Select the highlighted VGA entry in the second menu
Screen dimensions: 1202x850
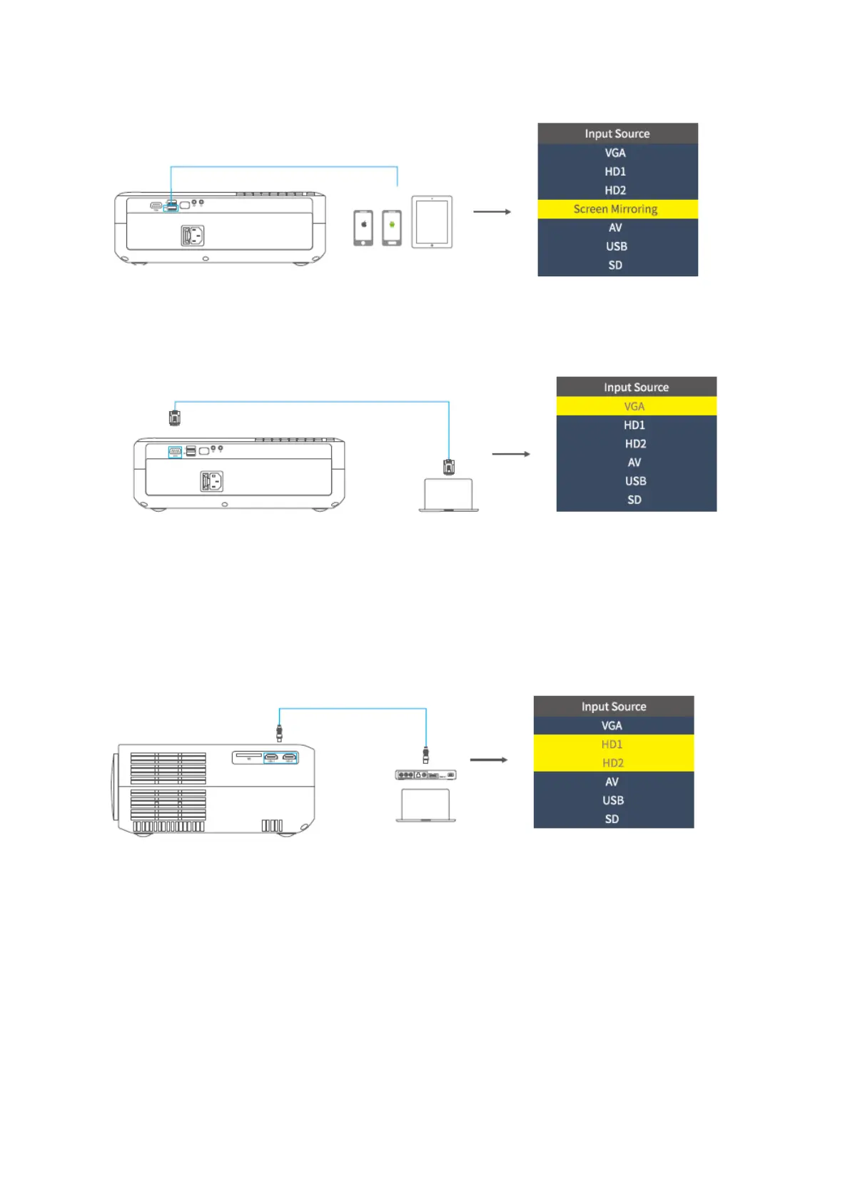pyautogui.click(x=635, y=406)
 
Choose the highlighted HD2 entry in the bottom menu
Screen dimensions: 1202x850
pyautogui.click(x=613, y=763)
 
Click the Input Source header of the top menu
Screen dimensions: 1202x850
pyautogui.click(x=617, y=133)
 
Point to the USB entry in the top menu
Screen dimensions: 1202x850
pyautogui.click(x=617, y=246)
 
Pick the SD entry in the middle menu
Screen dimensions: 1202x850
pyautogui.click(x=635, y=500)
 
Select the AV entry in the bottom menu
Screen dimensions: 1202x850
pyautogui.click(x=612, y=782)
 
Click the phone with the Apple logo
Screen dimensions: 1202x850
pyautogui.click(x=363, y=228)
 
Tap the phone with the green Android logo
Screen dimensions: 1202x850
pyautogui.click(x=392, y=228)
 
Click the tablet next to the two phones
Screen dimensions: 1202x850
pyautogui.click(x=432, y=222)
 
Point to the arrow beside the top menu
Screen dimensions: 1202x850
pyautogui.click(x=492, y=212)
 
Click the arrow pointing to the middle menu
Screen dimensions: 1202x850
pyautogui.click(x=511, y=454)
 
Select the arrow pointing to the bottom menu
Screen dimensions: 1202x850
pyautogui.click(x=489, y=760)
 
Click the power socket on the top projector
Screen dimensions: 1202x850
pyautogui.click(x=193, y=236)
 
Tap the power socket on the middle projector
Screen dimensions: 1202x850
pyautogui.click(x=212, y=482)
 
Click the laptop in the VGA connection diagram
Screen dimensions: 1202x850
pyautogui.click(x=448, y=495)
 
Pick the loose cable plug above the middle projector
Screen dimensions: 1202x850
pyautogui.click(x=174, y=417)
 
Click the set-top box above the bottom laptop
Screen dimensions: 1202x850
pyautogui.click(x=425, y=774)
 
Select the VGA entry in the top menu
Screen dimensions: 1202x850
pyautogui.click(x=616, y=153)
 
